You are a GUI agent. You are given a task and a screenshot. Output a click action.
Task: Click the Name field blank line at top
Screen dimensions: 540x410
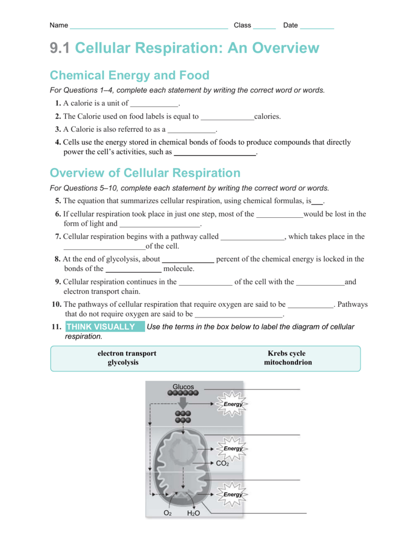coord(148,27)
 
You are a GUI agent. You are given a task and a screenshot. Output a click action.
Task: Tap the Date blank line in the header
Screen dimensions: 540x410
coord(317,27)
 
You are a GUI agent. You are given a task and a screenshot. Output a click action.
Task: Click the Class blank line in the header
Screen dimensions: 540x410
coord(264,27)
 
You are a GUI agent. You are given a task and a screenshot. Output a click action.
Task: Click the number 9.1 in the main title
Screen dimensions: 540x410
coord(60,49)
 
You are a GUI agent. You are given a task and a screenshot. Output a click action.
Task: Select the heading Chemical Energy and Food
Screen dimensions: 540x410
coord(129,75)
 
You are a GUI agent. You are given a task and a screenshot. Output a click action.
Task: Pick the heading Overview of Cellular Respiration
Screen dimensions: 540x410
coord(145,173)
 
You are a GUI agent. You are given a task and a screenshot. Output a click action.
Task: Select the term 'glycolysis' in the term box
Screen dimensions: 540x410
coord(123,363)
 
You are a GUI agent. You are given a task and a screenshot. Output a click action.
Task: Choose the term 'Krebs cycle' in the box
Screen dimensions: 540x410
coord(287,353)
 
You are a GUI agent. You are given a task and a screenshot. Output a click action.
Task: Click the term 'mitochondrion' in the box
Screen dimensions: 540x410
coord(288,363)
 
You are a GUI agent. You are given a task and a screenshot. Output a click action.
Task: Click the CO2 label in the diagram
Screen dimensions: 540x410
coord(222,464)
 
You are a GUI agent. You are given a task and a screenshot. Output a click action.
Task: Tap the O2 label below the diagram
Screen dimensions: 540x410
coord(167,513)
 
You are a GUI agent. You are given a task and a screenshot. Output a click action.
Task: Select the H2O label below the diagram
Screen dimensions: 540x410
coord(193,513)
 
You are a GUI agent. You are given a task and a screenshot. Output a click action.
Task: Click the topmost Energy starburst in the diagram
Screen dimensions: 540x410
coord(233,404)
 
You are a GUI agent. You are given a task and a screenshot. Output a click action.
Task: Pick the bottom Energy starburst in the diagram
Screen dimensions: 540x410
coord(233,495)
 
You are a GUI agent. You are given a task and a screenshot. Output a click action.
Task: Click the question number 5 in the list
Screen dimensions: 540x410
coord(58,201)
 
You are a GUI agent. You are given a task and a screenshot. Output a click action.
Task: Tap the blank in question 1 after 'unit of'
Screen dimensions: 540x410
coord(154,104)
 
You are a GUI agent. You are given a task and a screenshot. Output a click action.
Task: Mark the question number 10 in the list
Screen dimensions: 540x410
coord(56,304)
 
